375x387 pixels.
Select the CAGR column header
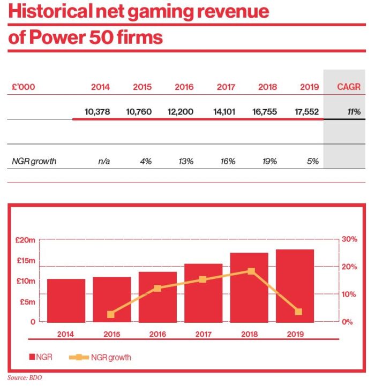[x=348, y=87]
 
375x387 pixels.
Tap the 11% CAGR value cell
[x=352, y=112]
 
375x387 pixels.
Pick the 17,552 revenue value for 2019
[x=307, y=112]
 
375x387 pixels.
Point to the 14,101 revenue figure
[x=222, y=112]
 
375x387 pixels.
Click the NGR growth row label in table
[x=34, y=161]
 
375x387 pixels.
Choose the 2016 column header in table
[x=184, y=87]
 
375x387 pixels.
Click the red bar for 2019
[x=295, y=285]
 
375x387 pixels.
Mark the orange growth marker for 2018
[x=251, y=271]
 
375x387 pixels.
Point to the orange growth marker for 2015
[x=111, y=314]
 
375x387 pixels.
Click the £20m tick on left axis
[x=26, y=240]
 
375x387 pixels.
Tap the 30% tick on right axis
[x=350, y=239]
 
